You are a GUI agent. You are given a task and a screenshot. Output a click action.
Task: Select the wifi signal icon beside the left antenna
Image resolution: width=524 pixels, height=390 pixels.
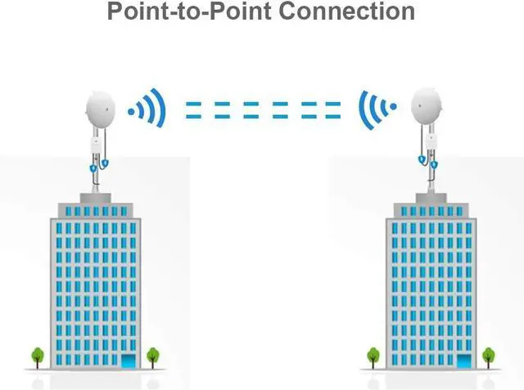(147, 109)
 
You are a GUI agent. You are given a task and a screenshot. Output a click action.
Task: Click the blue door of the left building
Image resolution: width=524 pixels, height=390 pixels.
(129, 361)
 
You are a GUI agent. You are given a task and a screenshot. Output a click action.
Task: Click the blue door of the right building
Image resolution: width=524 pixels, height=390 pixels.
(464, 361)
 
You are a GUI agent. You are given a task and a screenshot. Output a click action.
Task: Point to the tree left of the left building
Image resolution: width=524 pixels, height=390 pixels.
(38, 356)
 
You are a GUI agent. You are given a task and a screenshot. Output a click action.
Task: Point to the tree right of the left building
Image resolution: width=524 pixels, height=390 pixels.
(153, 356)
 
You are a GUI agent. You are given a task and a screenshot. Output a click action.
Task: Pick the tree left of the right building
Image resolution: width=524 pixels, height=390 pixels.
(373, 356)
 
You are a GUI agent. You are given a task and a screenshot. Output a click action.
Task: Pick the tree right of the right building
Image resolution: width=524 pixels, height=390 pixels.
(489, 356)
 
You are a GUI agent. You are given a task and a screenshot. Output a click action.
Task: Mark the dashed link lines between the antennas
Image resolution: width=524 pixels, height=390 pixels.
(262, 110)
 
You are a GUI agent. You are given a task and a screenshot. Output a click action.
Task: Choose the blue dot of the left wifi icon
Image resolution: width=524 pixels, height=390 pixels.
(131, 109)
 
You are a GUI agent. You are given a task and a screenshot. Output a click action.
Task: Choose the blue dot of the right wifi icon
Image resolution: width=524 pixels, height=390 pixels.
(393, 107)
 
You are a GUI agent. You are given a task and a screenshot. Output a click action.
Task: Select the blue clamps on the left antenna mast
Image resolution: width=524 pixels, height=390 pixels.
(98, 166)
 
